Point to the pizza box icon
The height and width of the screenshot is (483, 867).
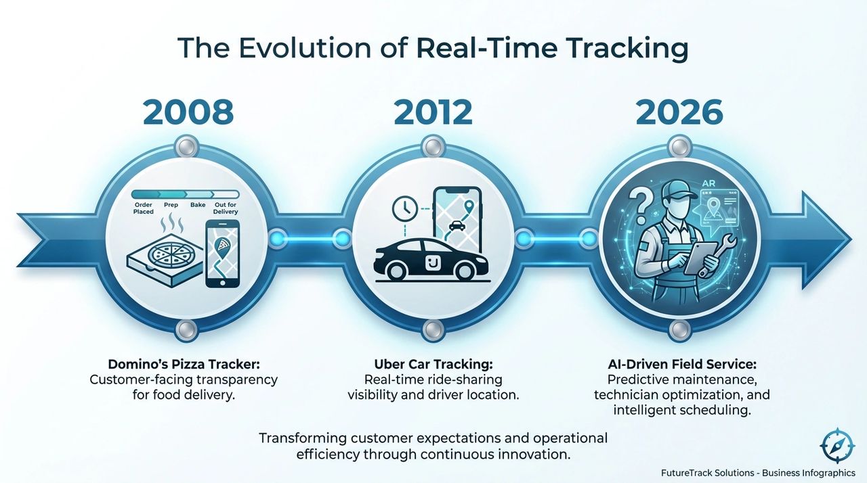[165, 260]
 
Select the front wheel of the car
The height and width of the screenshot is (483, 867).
[464, 271]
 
